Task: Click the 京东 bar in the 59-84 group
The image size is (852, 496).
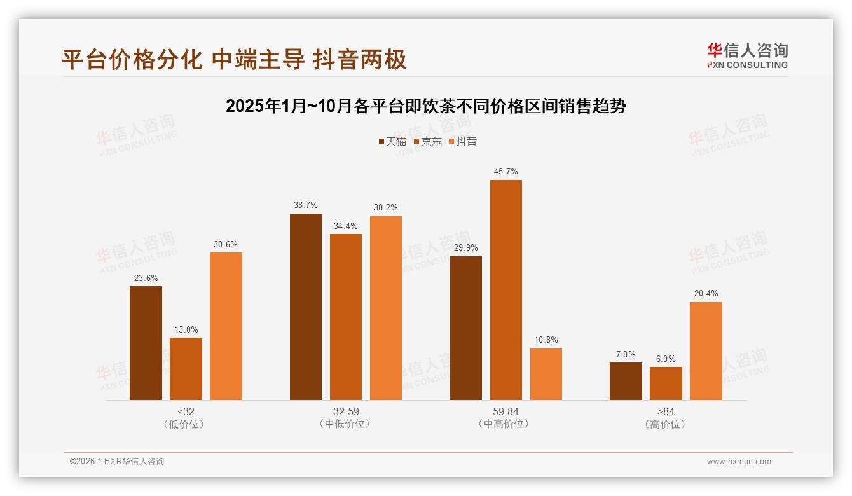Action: tap(505, 290)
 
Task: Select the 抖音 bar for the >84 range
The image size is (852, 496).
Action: tap(706, 351)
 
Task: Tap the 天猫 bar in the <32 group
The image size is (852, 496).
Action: tap(146, 343)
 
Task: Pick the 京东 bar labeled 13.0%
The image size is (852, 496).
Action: tap(186, 369)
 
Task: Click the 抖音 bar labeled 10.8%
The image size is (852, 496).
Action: tap(546, 374)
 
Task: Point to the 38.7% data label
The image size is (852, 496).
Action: tap(306, 205)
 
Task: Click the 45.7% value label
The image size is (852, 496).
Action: tap(505, 172)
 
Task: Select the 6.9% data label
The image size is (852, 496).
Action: tap(666, 359)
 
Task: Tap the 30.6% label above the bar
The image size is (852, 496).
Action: tap(226, 244)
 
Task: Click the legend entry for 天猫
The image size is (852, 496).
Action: tap(392, 141)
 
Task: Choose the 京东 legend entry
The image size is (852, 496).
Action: tap(427, 141)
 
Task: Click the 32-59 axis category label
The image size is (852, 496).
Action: tap(346, 411)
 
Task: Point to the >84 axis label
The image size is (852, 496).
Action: tap(666, 411)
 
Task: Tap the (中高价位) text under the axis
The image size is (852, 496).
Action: tap(505, 424)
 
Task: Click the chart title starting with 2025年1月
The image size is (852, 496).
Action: tap(425, 106)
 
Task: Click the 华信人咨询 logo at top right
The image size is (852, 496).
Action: tap(747, 55)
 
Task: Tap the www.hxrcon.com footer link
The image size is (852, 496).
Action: tap(739, 462)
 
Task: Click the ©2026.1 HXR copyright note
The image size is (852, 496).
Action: tap(117, 462)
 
